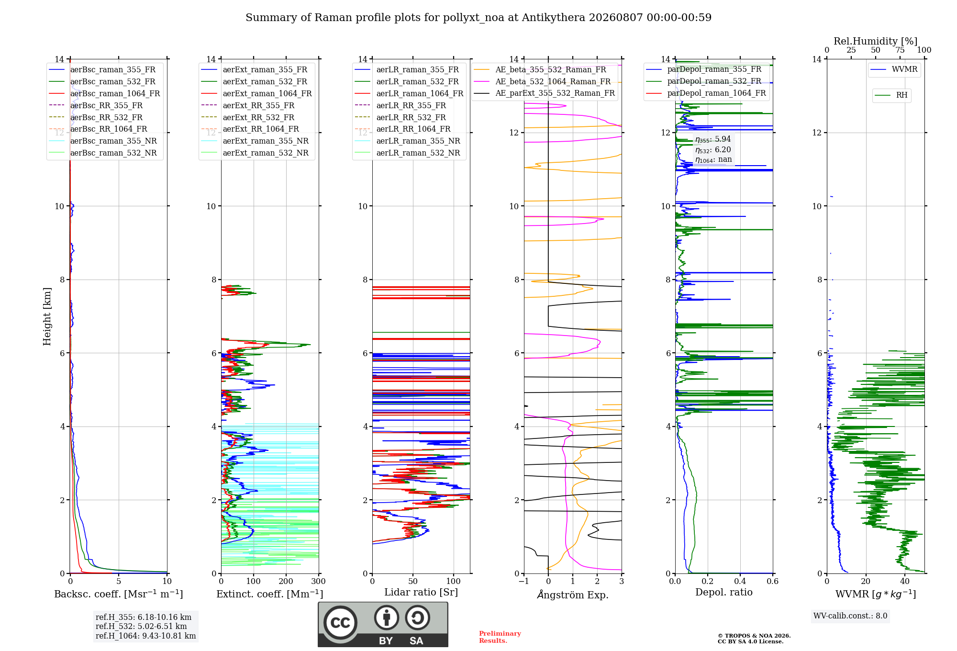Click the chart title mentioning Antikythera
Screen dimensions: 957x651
(x=478, y=18)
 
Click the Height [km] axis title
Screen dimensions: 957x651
(x=47, y=316)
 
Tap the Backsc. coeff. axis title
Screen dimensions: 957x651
(x=119, y=594)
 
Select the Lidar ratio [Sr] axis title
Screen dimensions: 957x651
(x=421, y=593)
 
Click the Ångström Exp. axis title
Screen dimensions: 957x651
(x=573, y=595)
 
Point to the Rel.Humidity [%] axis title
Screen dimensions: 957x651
(x=876, y=41)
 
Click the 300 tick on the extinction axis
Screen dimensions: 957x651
(x=319, y=582)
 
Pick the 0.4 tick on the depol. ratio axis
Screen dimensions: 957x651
(x=740, y=582)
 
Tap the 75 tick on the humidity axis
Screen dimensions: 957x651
(x=900, y=50)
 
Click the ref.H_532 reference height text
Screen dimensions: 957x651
(x=141, y=627)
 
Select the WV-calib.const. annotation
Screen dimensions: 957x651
(x=850, y=616)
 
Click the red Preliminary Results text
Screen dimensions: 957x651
(x=500, y=637)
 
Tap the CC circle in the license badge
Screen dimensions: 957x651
(x=340, y=623)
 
